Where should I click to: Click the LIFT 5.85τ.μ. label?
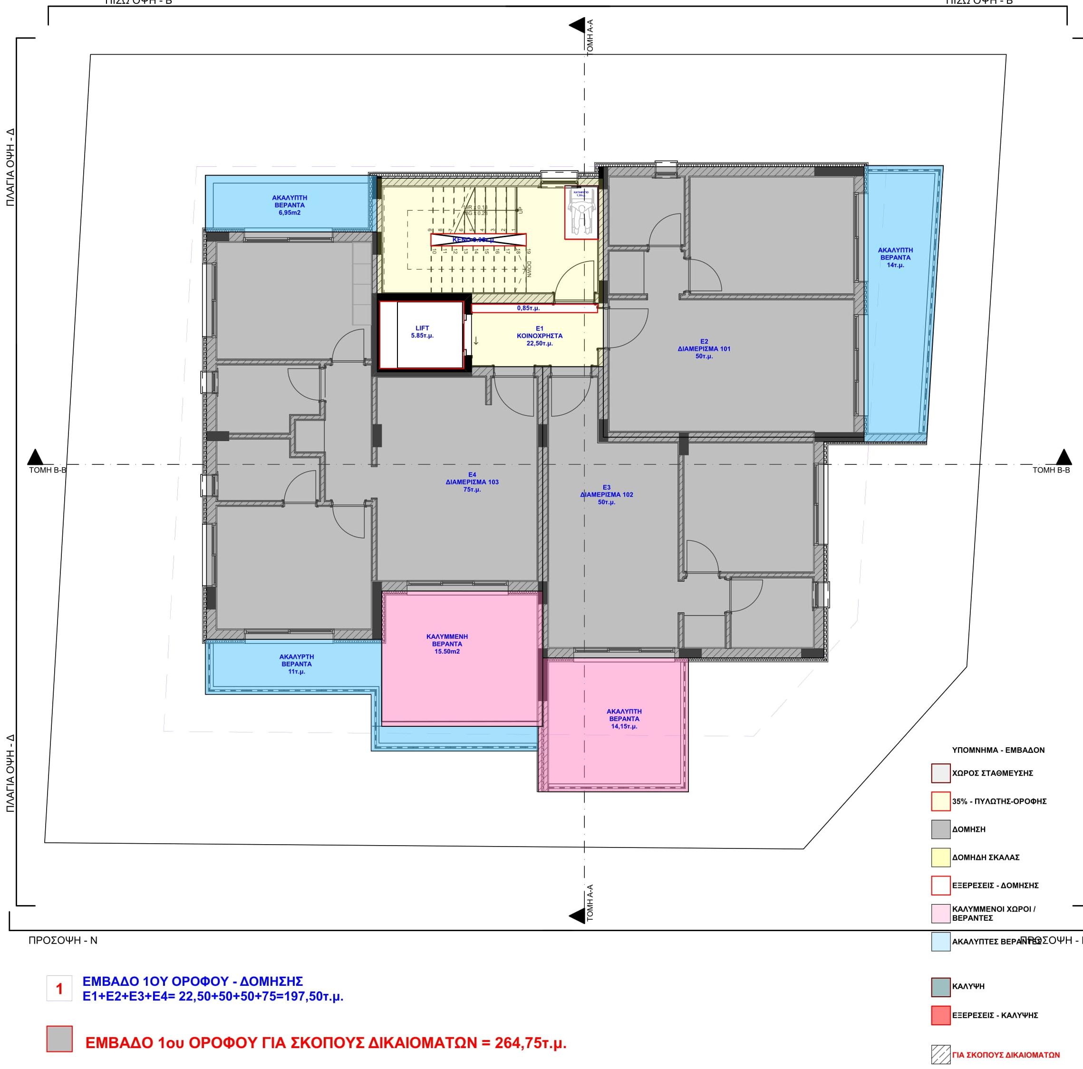422,332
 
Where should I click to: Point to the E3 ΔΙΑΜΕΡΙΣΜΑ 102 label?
607,494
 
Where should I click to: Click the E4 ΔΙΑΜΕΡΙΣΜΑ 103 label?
472,482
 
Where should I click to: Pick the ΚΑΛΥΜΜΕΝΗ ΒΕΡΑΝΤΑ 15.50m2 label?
447,644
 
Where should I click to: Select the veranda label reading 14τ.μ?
895,257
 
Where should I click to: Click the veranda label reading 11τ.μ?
297,664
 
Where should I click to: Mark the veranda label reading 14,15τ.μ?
624,719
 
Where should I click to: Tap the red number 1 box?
59,988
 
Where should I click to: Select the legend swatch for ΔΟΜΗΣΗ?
941,829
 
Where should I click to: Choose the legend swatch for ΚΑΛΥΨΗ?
941,986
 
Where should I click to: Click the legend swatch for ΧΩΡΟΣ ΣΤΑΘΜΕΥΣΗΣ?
941,773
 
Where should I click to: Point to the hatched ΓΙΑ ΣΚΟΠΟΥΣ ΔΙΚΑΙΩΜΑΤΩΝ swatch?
941,1054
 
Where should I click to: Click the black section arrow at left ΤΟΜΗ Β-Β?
36,457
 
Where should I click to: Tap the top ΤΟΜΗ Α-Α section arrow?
577,25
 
